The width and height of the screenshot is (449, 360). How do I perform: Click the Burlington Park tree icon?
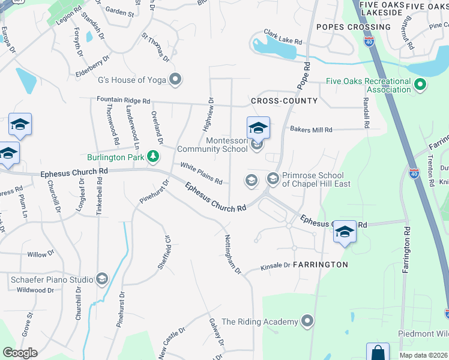point(154,157)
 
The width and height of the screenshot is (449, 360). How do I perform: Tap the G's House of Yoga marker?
point(176,79)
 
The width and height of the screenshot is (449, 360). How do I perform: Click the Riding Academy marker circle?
point(308,322)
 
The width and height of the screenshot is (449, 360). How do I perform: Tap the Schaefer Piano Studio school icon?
point(101,279)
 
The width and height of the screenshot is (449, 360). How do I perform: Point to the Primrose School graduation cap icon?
point(273,179)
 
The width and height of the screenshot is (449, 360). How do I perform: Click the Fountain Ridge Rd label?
point(124,101)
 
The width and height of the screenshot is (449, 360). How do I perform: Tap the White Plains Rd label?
point(202,173)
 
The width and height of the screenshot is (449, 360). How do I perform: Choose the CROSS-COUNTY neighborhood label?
point(284,101)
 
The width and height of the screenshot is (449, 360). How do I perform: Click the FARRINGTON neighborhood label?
point(320,264)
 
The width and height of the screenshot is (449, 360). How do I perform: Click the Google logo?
point(20,353)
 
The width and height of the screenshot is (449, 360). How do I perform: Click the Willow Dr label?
point(41,254)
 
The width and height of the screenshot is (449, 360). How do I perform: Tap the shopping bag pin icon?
point(378,352)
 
